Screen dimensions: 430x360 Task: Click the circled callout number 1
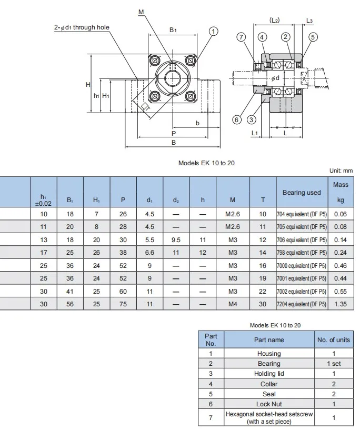tap(213, 31)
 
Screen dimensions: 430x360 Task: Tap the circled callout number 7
tap(241, 37)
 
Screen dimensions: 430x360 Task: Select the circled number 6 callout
tap(237, 120)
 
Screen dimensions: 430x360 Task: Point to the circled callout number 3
tap(252, 120)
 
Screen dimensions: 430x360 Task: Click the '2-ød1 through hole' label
tap(82, 27)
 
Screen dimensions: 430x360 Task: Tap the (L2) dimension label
tap(274, 20)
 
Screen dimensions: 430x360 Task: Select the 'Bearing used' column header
tap(302, 193)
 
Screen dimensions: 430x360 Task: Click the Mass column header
tap(341, 192)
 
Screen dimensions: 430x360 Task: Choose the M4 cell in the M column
tap(233, 304)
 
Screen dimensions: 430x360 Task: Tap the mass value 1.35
tap(341, 304)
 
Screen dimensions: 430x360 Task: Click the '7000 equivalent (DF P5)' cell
tap(302, 265)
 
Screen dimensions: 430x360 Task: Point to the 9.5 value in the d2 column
tap(176, 239)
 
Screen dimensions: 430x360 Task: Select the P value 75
tap(123, 304)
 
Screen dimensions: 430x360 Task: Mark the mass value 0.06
tap(341, 214)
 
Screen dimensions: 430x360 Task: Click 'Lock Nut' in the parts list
tap(268, 404)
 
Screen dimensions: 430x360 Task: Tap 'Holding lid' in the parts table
tap(268, 374)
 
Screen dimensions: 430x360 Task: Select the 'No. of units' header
tap(333, 340)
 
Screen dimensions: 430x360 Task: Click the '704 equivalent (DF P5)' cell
tap(302, 214)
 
